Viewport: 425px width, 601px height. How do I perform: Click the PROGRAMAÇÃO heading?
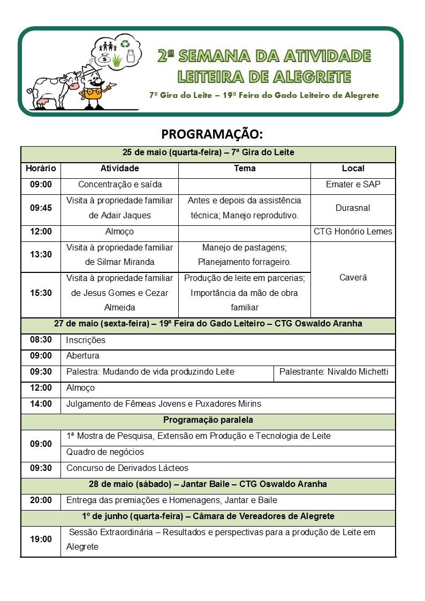pyautogui.click(x=212, y=133)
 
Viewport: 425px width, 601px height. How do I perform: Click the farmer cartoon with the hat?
pyautogui.click(x=94, y=86)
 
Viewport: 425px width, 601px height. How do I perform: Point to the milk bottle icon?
pyautogui.click(x=130, y=55)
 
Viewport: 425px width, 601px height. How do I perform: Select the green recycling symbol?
pyautogui.click(x=125, y=43)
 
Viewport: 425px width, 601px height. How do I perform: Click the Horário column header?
pyautogui.click(x=41, y=169)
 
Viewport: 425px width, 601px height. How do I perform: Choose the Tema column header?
pyautogui.click(x=245, y=169)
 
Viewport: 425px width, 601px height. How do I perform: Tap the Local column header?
pyautogui.click(x=353, y=169)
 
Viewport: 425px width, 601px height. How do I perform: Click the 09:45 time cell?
pyautogui.click(x=41, y=208)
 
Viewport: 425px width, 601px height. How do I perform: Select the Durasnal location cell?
pyautogui.click(x=353, y=208)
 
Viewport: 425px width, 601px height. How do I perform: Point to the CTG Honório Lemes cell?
pyautogui.click(x=353, y=232)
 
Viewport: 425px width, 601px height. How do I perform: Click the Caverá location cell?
pyautogui.click(x=353, y=278)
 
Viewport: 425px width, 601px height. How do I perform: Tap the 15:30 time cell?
pyautogui.click(x=41, y=293)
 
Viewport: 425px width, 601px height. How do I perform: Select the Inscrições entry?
pyautogui.click(x=86, y=340)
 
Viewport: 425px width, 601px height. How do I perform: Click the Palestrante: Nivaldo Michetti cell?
pyautogui.click(x=334, y=372)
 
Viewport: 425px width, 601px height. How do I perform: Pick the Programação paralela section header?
pyautogui.click(x=208, y=420)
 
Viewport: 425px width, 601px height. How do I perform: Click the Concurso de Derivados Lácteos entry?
pyautogui.click(x=127, y=468)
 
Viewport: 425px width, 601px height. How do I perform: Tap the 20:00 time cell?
pyautogui.click(x=41, y=500)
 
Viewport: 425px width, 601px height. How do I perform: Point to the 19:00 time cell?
pyautogui.click(x=41, y=539)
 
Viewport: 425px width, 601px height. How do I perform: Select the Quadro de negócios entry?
pyautogui.click(x=105, y=452)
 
